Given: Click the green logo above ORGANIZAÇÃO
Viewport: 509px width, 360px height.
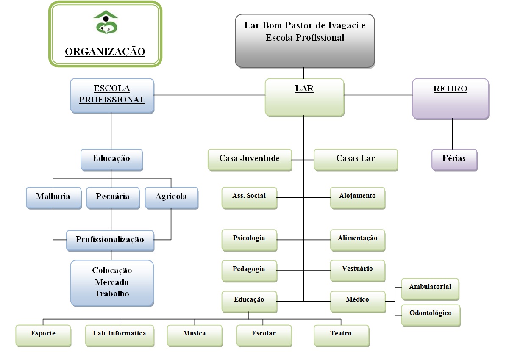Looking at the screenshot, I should tap(106, 23).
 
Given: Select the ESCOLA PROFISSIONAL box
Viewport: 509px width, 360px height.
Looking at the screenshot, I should tap(112, 95).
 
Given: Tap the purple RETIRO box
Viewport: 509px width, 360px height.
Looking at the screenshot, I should tap(450, 98).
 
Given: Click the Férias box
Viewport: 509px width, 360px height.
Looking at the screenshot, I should tap(454, 159).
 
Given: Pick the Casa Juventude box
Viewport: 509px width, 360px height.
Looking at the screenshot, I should tap(250, 159).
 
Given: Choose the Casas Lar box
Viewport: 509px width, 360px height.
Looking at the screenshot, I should tap(356, 159).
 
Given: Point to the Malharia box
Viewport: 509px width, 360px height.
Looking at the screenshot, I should tap(53, 197).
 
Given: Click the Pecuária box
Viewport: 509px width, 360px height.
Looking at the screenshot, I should tap(112, 197).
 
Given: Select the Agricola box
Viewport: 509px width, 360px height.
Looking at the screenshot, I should tap(171, 197).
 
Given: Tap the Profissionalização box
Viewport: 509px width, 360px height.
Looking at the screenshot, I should tap(110, 240).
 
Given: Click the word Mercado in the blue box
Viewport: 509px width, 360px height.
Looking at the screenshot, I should tap(112, 282).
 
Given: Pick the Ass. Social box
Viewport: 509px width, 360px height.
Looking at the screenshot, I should tap(249, 197).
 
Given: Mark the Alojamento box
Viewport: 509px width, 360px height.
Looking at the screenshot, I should tap(357, 197).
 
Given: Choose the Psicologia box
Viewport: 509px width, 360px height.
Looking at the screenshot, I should tap(249, 239).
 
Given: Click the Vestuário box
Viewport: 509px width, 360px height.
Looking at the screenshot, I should tap(357, 270).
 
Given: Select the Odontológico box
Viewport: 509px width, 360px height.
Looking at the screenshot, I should tap(430, 314).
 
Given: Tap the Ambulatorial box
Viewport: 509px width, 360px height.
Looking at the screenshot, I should tap(430, 288).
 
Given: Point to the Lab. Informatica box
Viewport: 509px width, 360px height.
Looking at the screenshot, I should tap(119, 335).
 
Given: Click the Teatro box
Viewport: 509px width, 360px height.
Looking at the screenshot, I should tap(341, 335).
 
